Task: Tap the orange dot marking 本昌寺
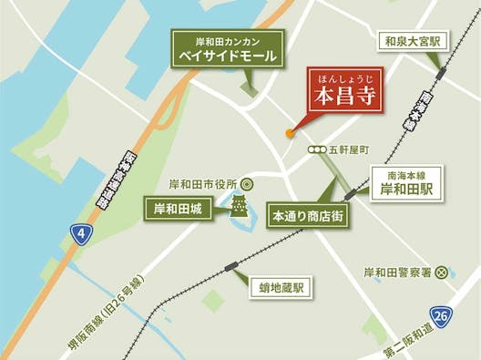pos(291,133)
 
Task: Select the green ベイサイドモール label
pos(228,49)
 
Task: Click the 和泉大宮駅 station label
pos(411,41)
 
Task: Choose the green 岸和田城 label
pos(177,210)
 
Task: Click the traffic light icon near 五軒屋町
pos(318,149)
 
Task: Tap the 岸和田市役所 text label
pos(202,182)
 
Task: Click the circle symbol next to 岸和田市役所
pos(246,182)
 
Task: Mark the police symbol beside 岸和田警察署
pos(442,271)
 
